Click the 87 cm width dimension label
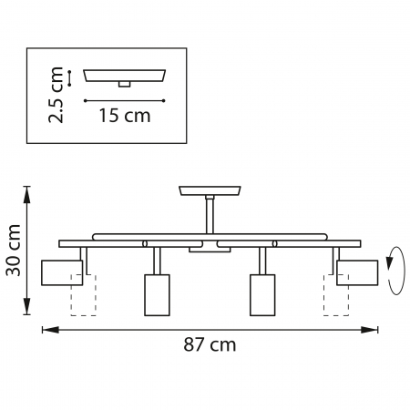coord(210,344)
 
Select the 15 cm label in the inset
coord(125,116)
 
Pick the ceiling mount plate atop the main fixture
coord(210,191)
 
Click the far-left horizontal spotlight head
coord(62,272)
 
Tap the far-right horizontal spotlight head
coord(357,272)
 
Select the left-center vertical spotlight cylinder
coord(158,294)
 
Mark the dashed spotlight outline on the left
coord(83,301)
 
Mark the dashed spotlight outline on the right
coord(336,301)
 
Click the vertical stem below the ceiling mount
coord(210,217)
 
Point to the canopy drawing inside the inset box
coord(124,75)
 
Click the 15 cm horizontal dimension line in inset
coord(124,99)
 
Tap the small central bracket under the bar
coord(202,249)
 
